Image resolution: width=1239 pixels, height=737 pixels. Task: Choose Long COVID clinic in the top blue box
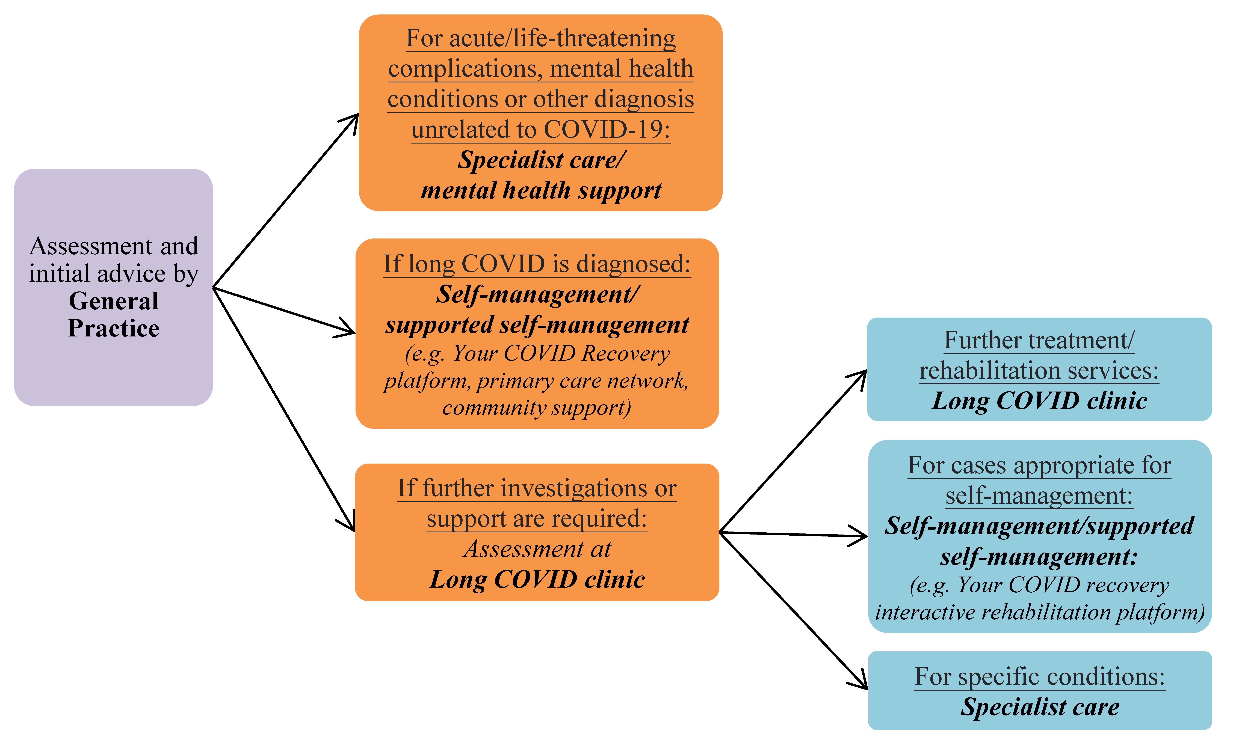(x=1039, y=401)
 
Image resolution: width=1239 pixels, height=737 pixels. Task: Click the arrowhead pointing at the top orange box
(x=353, y=119)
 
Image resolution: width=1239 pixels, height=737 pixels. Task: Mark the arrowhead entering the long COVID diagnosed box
(x=348, y=330)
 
